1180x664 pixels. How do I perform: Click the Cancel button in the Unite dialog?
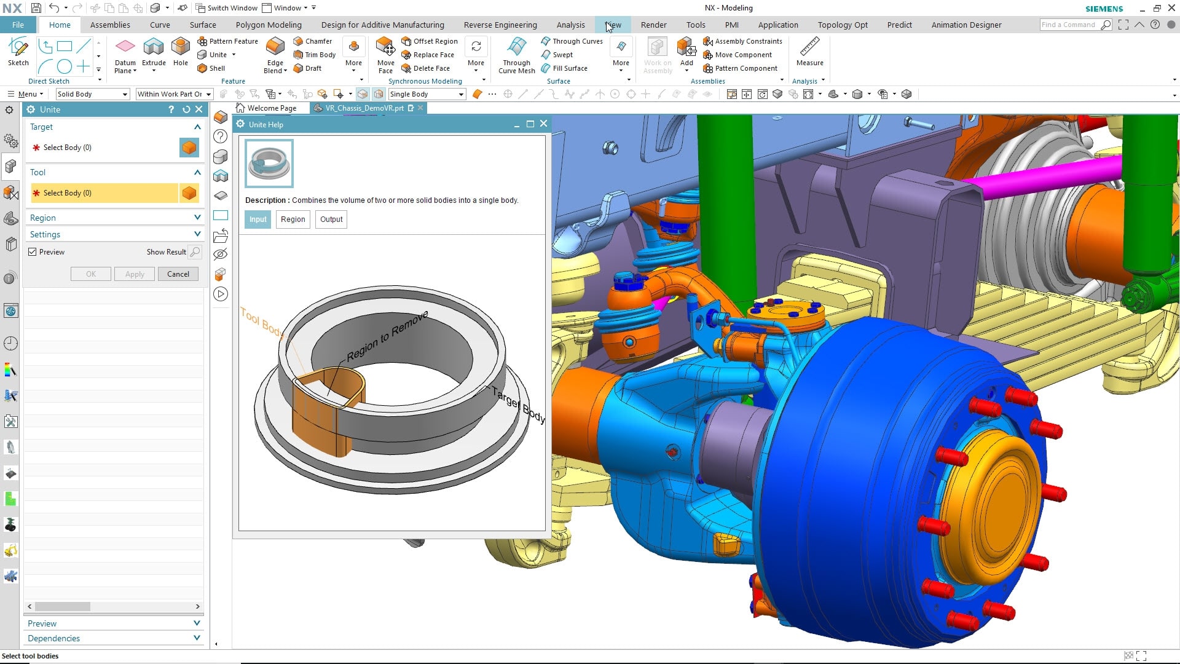click(x=178, y=274)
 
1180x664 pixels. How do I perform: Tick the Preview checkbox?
click(x=33, y=252)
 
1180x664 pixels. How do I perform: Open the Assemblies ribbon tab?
click(x=110, y=25)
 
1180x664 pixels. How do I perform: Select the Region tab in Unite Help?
click(x=293, y=219)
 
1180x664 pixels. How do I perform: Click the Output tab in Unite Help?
click(x=331, y=219)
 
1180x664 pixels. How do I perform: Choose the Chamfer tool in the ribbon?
click(x=313, y=41)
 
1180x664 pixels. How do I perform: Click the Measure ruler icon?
click(x=809, y=47)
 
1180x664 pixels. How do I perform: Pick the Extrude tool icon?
click(x=154, y=47)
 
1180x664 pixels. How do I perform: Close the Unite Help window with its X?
click(x=543, y=124)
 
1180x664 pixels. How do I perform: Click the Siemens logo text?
click(x=1104, y=9)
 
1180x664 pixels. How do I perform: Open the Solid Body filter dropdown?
click(x=92, y=94)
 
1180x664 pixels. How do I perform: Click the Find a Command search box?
click(x=1069, y=25)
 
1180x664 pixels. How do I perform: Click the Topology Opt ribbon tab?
click(x=843, y=25)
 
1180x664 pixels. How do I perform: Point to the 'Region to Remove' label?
click(x=387, y=337)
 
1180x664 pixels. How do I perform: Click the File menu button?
click(x=18, y=25)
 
